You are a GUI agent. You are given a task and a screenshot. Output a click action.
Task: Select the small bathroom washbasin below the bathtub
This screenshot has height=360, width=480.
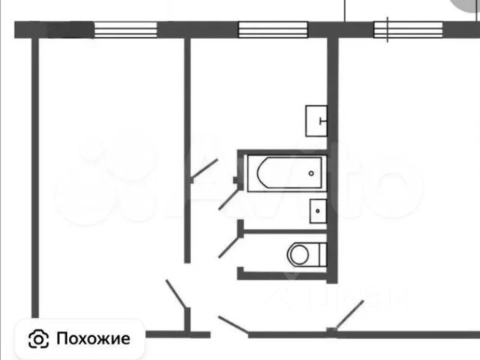(x=318, y=211)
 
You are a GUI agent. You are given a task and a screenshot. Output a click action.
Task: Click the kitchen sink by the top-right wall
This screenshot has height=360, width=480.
(x=318, y=121)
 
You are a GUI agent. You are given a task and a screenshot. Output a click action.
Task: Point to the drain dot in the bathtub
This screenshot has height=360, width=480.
(x=311, y=174)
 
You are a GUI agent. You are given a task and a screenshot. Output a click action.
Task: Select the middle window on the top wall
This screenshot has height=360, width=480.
(x=273, y=30)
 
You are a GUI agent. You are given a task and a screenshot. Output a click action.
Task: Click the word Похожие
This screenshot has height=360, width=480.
(x=93, y=338)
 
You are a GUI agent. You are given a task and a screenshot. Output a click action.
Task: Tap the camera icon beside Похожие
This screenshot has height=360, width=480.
(x=39, y=339)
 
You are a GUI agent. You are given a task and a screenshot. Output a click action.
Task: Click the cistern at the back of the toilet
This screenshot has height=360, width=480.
(x=322, y=254)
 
